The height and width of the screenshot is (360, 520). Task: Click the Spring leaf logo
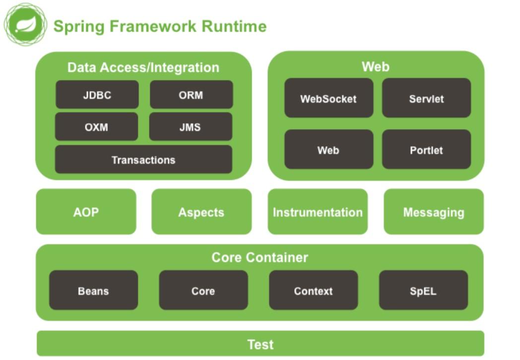click(25, 24)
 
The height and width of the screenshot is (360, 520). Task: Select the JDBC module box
click(97, 95)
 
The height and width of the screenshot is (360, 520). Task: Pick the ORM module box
click(191, 95)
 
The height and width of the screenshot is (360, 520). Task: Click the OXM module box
click(96, 127)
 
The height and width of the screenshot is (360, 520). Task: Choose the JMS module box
click(191, 127)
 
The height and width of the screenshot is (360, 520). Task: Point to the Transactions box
click(143, 160)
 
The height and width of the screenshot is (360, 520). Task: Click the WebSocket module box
click(328, 98)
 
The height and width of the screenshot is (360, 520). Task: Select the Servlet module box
click(426, 98)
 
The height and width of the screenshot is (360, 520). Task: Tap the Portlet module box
click(426, 149)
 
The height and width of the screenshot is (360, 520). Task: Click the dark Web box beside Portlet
click(328, 149)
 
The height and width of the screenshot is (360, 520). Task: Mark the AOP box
click(86, 212)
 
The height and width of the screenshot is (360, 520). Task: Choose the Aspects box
click(201, 212)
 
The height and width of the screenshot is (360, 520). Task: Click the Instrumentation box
click(318, 212)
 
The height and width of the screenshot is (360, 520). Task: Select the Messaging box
click(434, 212)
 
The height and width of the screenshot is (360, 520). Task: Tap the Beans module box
click(93, 290)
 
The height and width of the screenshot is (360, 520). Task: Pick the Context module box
click(313, 290)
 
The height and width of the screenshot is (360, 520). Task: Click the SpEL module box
click(423, 290)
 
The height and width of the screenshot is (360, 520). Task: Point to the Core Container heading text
click(260, 257)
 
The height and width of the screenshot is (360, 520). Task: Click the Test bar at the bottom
click(260, 344)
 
